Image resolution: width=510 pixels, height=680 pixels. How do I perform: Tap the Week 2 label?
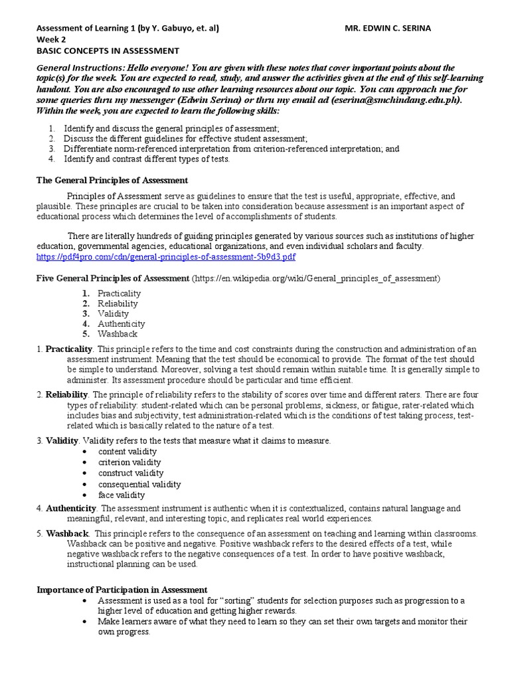click(51, 40)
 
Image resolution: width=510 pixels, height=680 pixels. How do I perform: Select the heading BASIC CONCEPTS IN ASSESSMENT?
click(107, 50)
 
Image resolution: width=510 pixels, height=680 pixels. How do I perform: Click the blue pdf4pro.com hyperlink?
click(165, 256)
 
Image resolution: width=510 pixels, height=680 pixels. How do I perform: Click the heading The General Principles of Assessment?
click(112, 180)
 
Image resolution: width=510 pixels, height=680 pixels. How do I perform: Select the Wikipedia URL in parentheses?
click(315, 278)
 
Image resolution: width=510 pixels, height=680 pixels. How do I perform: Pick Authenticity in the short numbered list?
click(121, 323)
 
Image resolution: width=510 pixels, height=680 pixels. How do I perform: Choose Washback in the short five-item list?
click(118, 334)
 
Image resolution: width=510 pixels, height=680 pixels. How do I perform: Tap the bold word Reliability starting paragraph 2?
click(67, 394)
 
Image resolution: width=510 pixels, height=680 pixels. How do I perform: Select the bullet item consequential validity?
click(139, 484)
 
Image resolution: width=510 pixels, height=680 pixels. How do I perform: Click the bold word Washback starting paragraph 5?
click(67, 534)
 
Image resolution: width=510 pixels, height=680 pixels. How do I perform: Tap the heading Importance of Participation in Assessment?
click(121, 590)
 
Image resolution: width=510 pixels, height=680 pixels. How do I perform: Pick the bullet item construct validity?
click(131, 473)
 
